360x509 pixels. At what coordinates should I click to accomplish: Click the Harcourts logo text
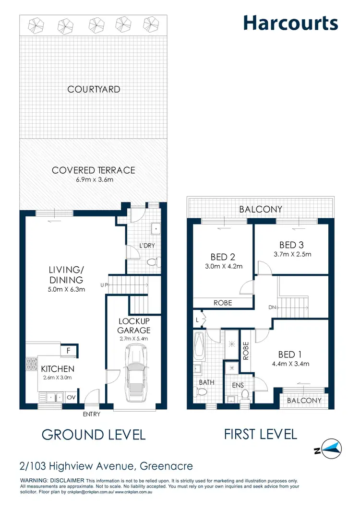(290, 23)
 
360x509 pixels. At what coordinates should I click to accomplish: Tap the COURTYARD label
(94, 89)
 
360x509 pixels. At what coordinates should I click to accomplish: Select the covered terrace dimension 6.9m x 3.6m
(94, 180)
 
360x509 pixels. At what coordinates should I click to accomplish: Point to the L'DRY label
(147, 246)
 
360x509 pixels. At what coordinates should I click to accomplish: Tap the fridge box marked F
(69, 351)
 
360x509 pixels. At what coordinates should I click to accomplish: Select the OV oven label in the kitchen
(71, 397)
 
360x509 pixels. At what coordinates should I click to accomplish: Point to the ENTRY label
(91, 414)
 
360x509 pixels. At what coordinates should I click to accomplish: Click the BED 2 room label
(222, 257)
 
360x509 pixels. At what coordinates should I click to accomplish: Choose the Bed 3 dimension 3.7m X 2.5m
(292, 254)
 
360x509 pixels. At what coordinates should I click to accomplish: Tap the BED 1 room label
(290, 355)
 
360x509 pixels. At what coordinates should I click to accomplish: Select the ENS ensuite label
(238, 385)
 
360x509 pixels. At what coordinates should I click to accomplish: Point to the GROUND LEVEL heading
(94, 435)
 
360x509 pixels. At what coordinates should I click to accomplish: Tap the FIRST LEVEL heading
(261, 434)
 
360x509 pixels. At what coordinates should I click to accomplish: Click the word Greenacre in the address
(167, 466)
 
